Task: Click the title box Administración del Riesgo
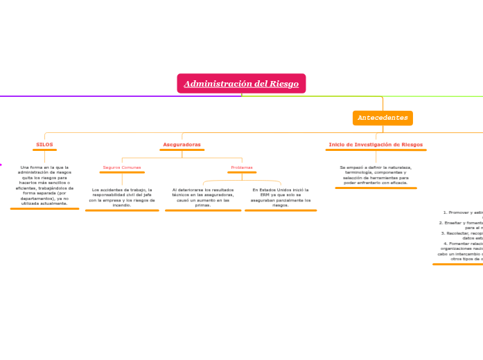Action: coord(241,84)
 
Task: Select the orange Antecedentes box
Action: coord(383,118)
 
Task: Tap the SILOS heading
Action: coord(44,145)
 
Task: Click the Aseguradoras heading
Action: coord(182,145)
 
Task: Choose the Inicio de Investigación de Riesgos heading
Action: coord(376,145)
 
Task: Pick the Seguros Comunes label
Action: coord(122,168)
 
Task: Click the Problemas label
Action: coord(242,168)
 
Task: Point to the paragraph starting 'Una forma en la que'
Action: coord(44,186)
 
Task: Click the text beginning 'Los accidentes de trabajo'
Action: coord(122,197)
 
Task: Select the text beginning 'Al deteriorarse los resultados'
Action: coord(203,197)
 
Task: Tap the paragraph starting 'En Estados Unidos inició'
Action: coord(281,197)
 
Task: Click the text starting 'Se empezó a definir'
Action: coord(376,175)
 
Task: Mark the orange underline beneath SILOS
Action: coord(44,150)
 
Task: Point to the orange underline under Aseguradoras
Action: coord(182,150)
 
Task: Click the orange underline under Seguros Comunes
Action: coord(122,172)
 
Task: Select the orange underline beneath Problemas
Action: coord(242,172)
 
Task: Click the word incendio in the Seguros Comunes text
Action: coord(121,206)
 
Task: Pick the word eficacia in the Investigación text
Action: coord(396,183)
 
